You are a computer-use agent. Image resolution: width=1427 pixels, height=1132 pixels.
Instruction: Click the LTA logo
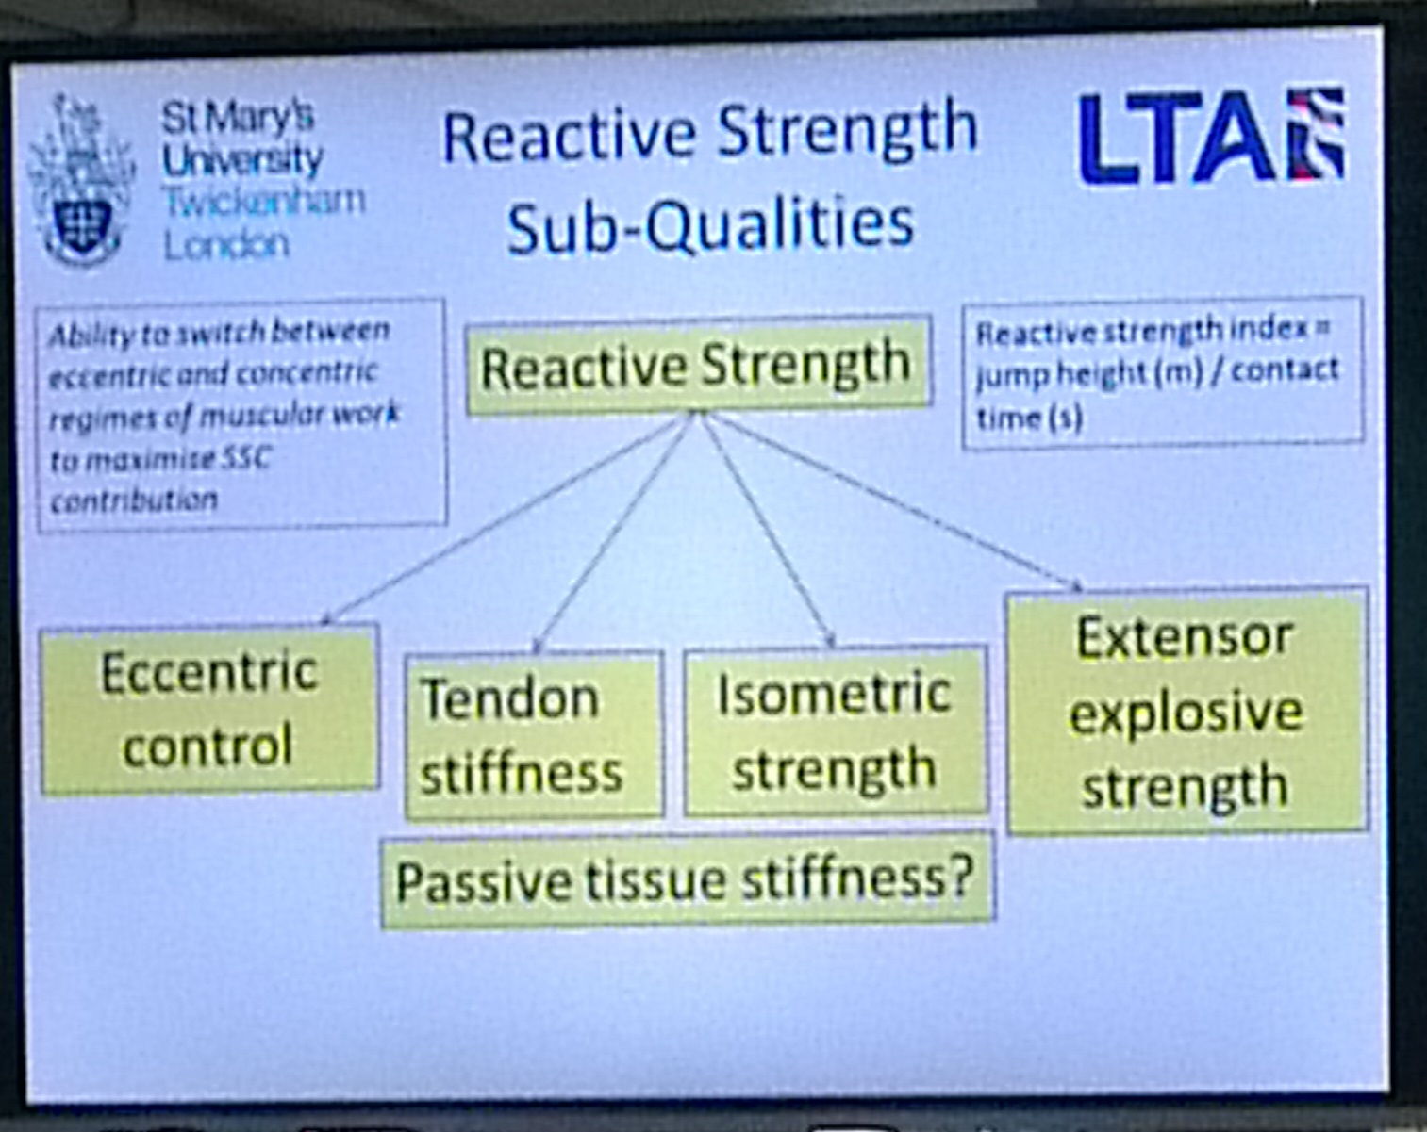pyautogui.click(x=1212, y=136)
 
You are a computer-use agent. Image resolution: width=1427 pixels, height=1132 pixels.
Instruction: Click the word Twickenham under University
pyautogui.click(x=264, y=201)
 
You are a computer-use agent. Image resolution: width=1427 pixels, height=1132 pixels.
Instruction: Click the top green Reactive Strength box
pyautogui.click(x=698, y=365)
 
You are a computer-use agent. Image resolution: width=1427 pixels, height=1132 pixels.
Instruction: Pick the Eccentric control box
pyautogui.click(x=209, y=709)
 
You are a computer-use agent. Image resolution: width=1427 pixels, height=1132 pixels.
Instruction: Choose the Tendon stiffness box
pyautogui.click(x=534, y=734)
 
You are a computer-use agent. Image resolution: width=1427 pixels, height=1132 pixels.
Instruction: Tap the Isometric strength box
pyautogui.click(x=835, y=731)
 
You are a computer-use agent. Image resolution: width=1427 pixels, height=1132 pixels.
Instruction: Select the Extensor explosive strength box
pyautogui.click(x=1186, y=710)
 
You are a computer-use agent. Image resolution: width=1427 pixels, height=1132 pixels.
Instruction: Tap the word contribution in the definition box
pyautogui.click(x=134, y=500)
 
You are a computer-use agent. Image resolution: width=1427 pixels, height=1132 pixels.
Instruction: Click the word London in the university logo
pyautogui.click(x=226, y=244)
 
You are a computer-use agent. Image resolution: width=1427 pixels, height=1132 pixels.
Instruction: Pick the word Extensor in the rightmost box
pyautogui.click(x=1184, y=637)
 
